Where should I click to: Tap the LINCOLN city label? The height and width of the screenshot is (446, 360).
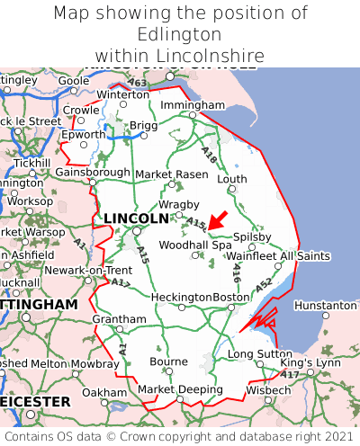click(x=136, y=219)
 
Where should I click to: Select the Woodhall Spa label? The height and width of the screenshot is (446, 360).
click(x=195, y=245)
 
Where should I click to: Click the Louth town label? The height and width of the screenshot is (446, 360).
click(x=231, y=179)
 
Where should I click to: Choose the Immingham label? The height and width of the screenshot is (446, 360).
click(x=192, y=105)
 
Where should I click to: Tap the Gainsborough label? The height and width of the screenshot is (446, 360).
click(x=93, y=171)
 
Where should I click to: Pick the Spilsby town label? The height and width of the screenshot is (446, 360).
click(x=252, y=237)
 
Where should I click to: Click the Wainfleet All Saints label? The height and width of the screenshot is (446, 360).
click(x=278, y=256)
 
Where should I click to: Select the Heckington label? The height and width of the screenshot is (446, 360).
click(x=182, y=298)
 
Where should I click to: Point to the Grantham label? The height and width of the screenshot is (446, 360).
click(x=119, y=319)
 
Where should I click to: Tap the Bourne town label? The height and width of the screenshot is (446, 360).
click(x=168, y=361)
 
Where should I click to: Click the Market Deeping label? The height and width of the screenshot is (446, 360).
click(x=180, y=389)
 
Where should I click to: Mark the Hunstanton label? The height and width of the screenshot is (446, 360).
click(x=326, y=306)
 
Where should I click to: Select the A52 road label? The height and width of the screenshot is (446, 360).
click(x=263, y=285)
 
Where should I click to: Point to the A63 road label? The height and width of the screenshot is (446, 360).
click(x=138, y=83)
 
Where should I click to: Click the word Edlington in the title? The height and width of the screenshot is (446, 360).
click(x=180, y=34)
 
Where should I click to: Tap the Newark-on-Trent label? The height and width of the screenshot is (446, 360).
click(x=88, y=271)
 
